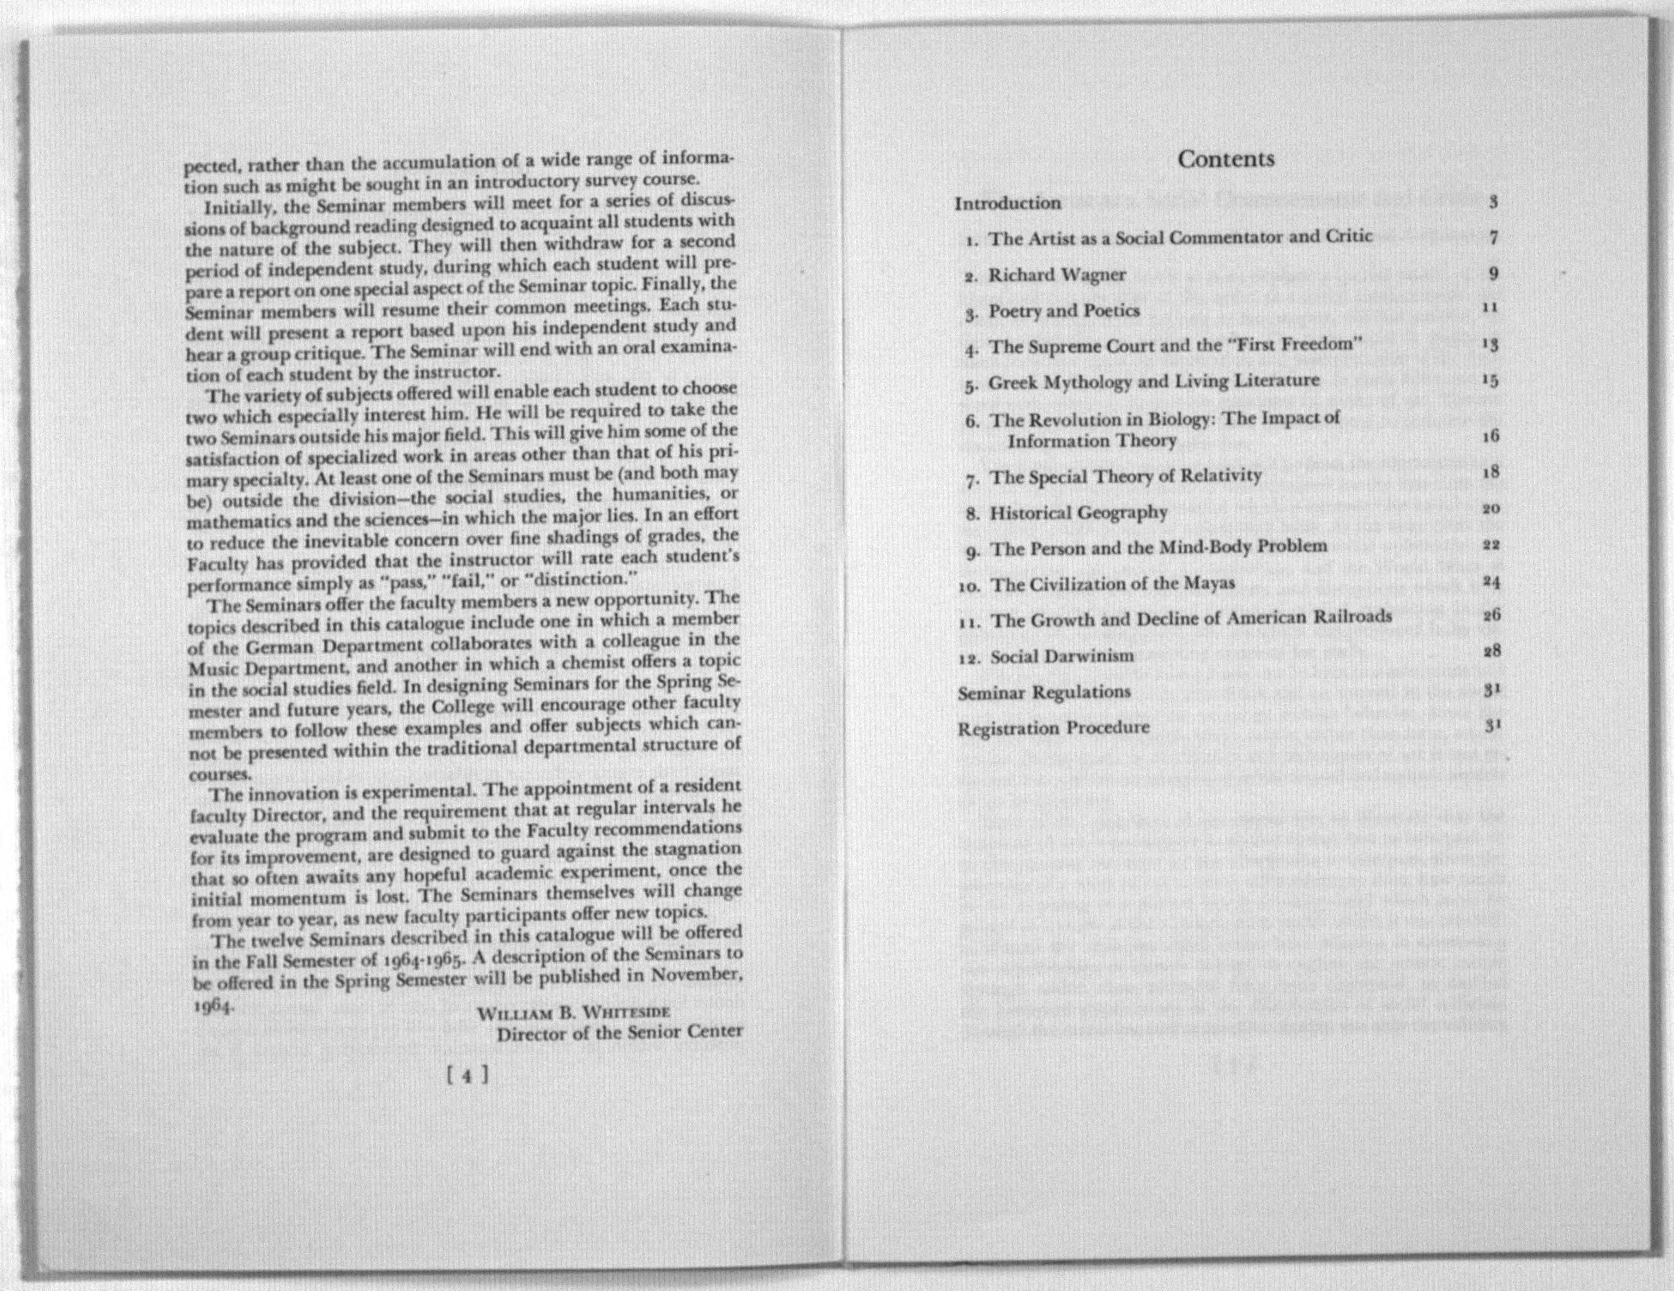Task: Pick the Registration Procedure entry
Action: [1053, 728]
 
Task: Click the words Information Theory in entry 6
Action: [1092, 441]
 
